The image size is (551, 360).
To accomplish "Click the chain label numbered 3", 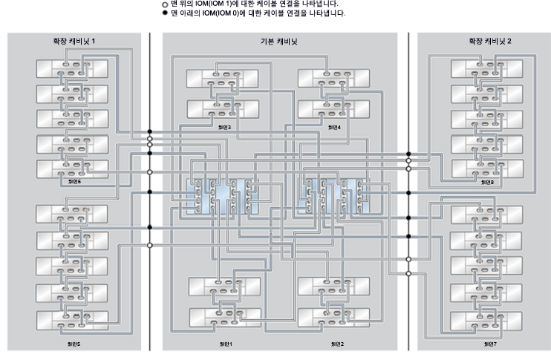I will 225,127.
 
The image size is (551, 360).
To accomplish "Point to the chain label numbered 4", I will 334,127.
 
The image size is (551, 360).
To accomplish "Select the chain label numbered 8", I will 487,182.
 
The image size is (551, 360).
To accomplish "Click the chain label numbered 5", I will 74,344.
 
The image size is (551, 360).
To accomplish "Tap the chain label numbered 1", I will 225,344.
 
